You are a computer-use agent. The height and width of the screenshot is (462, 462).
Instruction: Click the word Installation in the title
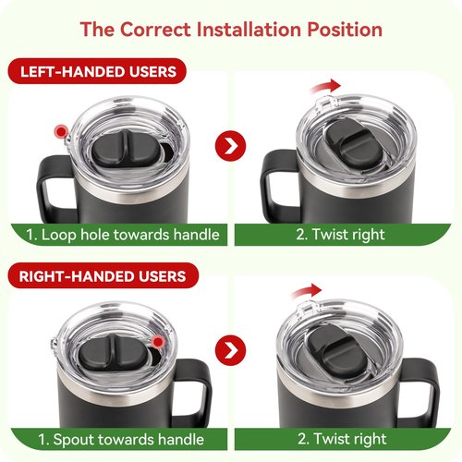pyautogui.click(x=249, y=30)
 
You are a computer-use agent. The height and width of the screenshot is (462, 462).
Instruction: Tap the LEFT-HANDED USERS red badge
pyautogui.click(x=97, y=71)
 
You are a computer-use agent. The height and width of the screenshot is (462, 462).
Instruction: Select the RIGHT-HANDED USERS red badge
pyautogui.click(x=103, y=275)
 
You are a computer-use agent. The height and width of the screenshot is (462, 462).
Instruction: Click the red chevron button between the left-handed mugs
pyautogui.click(x=230, y=146)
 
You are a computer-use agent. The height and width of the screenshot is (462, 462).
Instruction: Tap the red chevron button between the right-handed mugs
pyautogui.click(x=230, y=350)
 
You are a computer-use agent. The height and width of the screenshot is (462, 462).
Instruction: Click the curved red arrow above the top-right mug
pyautogui.click(x=326, y=86)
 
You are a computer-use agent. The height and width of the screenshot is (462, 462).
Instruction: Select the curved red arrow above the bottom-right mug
pyautogui.click(x=307, y=291)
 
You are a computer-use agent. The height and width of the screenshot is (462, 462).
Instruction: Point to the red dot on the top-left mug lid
pyautogui.click(x=61, y=131)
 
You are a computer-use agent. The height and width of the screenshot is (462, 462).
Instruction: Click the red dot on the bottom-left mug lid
pyautogui.click(x=158, y=342)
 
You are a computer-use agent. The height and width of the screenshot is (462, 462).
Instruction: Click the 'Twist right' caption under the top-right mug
pyautogui.click(x=340, y=235)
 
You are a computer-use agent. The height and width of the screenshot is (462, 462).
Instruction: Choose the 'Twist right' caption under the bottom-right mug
pyautogui.click(x=342, y=439)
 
